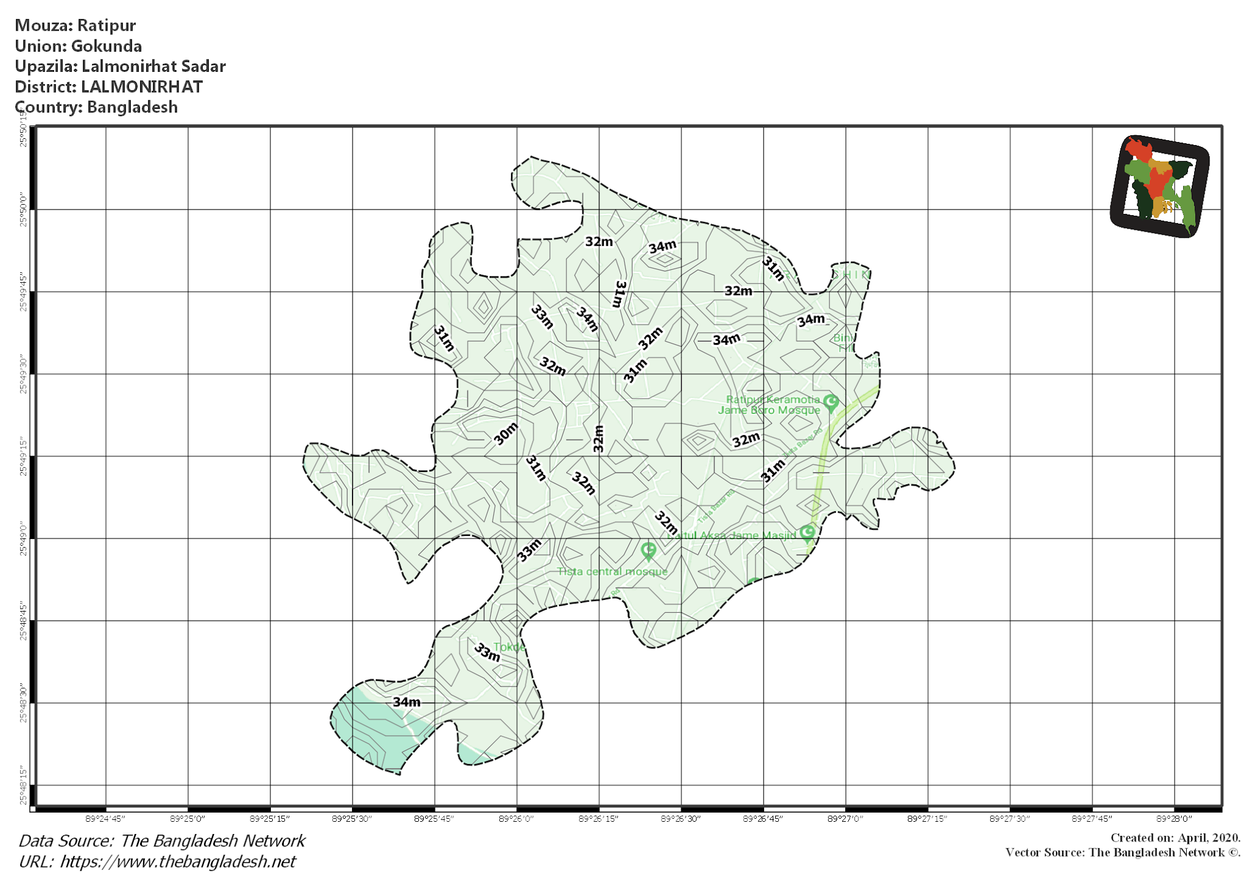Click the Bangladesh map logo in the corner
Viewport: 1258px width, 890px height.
point(1160,186)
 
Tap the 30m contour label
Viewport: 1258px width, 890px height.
point(506,434)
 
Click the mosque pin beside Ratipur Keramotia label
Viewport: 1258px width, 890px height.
point(830,403)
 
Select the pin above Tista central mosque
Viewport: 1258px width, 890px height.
point(649,551)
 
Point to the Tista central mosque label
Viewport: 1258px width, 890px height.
point(612,572)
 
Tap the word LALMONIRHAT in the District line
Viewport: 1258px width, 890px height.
point(142,87)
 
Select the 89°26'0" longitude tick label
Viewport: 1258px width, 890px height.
point(517,819)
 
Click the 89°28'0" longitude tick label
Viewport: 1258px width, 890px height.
point(1174,819)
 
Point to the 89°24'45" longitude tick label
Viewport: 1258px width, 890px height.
point(106,819)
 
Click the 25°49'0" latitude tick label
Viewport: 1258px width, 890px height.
point(23,539)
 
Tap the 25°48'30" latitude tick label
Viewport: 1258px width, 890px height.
point(23,703)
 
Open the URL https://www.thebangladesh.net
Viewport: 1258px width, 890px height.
point(178,862)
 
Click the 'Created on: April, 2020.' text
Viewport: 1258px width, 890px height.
point(1175,838)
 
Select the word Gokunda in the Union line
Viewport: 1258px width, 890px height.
point(106,46)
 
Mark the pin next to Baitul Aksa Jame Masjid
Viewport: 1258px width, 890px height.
point(808,532)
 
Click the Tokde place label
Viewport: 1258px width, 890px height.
point(509,647)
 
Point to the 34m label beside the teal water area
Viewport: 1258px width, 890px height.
point(407,702)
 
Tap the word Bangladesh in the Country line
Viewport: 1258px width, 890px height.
point(132,107)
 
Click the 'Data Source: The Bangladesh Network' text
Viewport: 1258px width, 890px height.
point(162,841)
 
